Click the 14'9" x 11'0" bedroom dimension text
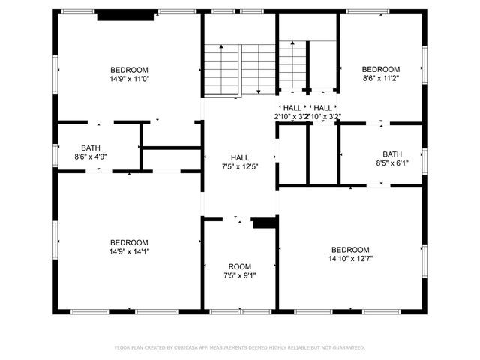(129, 78)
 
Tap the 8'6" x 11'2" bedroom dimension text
(381, 78)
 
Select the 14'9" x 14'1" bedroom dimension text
(129, 252)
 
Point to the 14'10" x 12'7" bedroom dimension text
(350, 259)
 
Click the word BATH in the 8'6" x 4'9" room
(91, 148)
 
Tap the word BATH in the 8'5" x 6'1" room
(392, 154)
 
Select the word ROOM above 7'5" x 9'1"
(240, 266)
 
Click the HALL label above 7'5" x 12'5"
(240, 157)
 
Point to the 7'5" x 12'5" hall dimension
(240, 166)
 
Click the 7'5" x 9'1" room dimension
(240, 275)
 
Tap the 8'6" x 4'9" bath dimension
(91, 157)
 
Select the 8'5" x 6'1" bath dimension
(392, 163)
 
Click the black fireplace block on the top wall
(127, 14)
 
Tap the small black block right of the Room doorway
(264, 223)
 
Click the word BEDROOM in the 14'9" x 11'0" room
(129, 70)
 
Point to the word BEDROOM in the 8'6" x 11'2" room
(381, 69)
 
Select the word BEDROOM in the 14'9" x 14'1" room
(129, 242)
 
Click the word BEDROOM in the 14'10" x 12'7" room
(350, 250)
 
